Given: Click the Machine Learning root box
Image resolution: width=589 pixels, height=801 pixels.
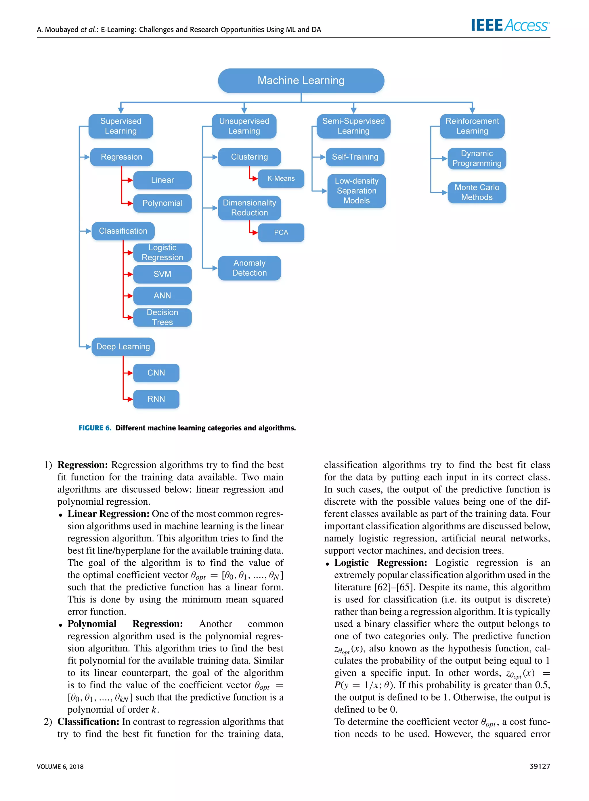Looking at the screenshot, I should click(301, 81).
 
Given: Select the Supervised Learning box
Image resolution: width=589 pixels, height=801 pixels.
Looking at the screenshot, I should click(121, 126).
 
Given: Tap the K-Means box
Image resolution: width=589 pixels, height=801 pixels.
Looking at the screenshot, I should click(281, 178).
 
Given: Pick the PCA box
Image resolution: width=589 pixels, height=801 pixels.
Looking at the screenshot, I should click(281, 232).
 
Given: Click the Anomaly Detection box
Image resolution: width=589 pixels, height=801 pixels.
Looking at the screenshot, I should click(249, 268).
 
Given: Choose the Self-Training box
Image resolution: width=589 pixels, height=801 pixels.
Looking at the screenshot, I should click(355, 157).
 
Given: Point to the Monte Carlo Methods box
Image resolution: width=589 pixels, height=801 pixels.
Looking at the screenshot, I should click(476, 192).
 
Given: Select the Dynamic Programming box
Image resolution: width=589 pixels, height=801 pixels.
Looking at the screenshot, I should click(476, 158).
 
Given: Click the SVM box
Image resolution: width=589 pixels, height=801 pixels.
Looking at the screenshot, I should click(162, 274).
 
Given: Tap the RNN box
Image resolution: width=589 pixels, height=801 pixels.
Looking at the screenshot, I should click(156, 399).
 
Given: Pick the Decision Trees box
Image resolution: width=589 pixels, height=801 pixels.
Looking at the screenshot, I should click(162, 317).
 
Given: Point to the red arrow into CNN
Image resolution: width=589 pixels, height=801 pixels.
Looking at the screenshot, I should click(128, 373).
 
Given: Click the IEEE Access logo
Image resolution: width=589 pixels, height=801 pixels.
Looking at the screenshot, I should click(510, 25).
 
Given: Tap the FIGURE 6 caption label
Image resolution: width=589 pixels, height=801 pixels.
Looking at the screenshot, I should click(95, 428).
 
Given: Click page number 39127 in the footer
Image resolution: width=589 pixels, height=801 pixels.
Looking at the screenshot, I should click(540, 766).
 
